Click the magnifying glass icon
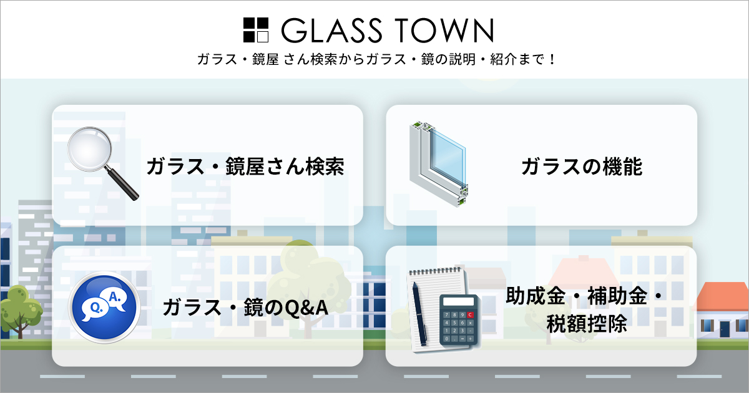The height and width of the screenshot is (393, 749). coord(100,161)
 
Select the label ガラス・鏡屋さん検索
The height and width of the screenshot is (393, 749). coord(245,167)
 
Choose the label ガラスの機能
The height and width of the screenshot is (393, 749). coord(581,167)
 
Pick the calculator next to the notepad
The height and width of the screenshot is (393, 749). coord(459,321)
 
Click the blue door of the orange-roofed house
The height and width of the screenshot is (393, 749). coord(724,328)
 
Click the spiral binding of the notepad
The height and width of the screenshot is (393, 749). coord(437,270)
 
